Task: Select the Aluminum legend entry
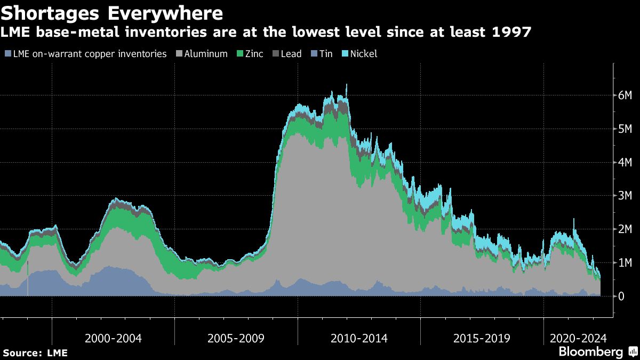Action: coord(206,54)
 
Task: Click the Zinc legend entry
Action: coord(254,54)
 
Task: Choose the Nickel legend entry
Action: coord(363,54)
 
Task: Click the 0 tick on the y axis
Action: coord(621,296)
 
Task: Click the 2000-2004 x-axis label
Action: coord(113,338)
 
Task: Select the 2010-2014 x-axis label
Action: coord(359,338)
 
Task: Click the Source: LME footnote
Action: coord(35,353)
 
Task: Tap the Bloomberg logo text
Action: coord(590,352)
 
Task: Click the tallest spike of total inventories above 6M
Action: coord(347,85)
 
